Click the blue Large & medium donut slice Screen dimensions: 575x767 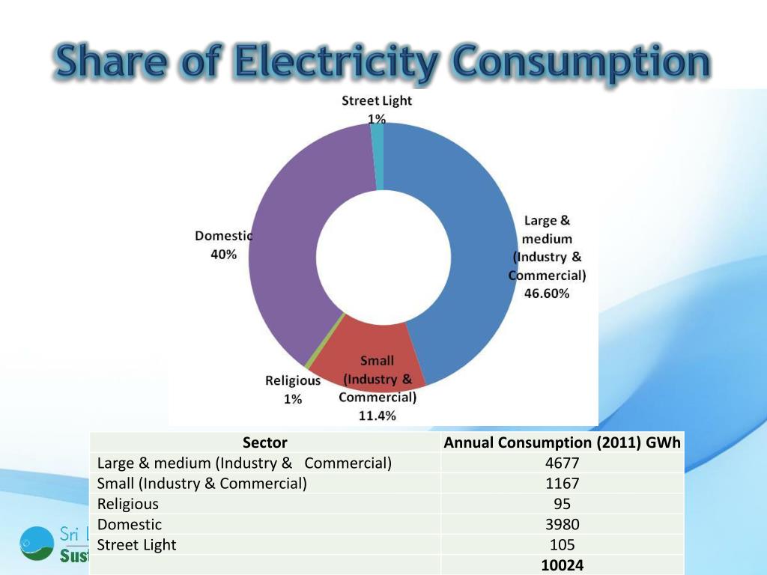click(464, 247)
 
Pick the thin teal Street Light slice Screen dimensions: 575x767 click(378, 146)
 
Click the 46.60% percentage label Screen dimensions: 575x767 click(547, 293)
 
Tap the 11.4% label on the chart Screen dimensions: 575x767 click(378, 416)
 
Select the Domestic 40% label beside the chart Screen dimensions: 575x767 click(223, 245)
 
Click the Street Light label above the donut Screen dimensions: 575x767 click(377, 100)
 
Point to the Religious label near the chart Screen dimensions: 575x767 click(293, 380)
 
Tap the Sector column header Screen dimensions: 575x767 click(264, 442)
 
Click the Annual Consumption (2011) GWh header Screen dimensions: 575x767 click(562, 442)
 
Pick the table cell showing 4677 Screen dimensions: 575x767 click(562, 463)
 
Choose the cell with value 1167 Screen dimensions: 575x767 click(562, 484)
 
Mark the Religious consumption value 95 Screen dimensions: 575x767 click(562, 504)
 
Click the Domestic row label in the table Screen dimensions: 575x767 click(130, 524)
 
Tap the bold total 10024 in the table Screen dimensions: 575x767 click(562, 565)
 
